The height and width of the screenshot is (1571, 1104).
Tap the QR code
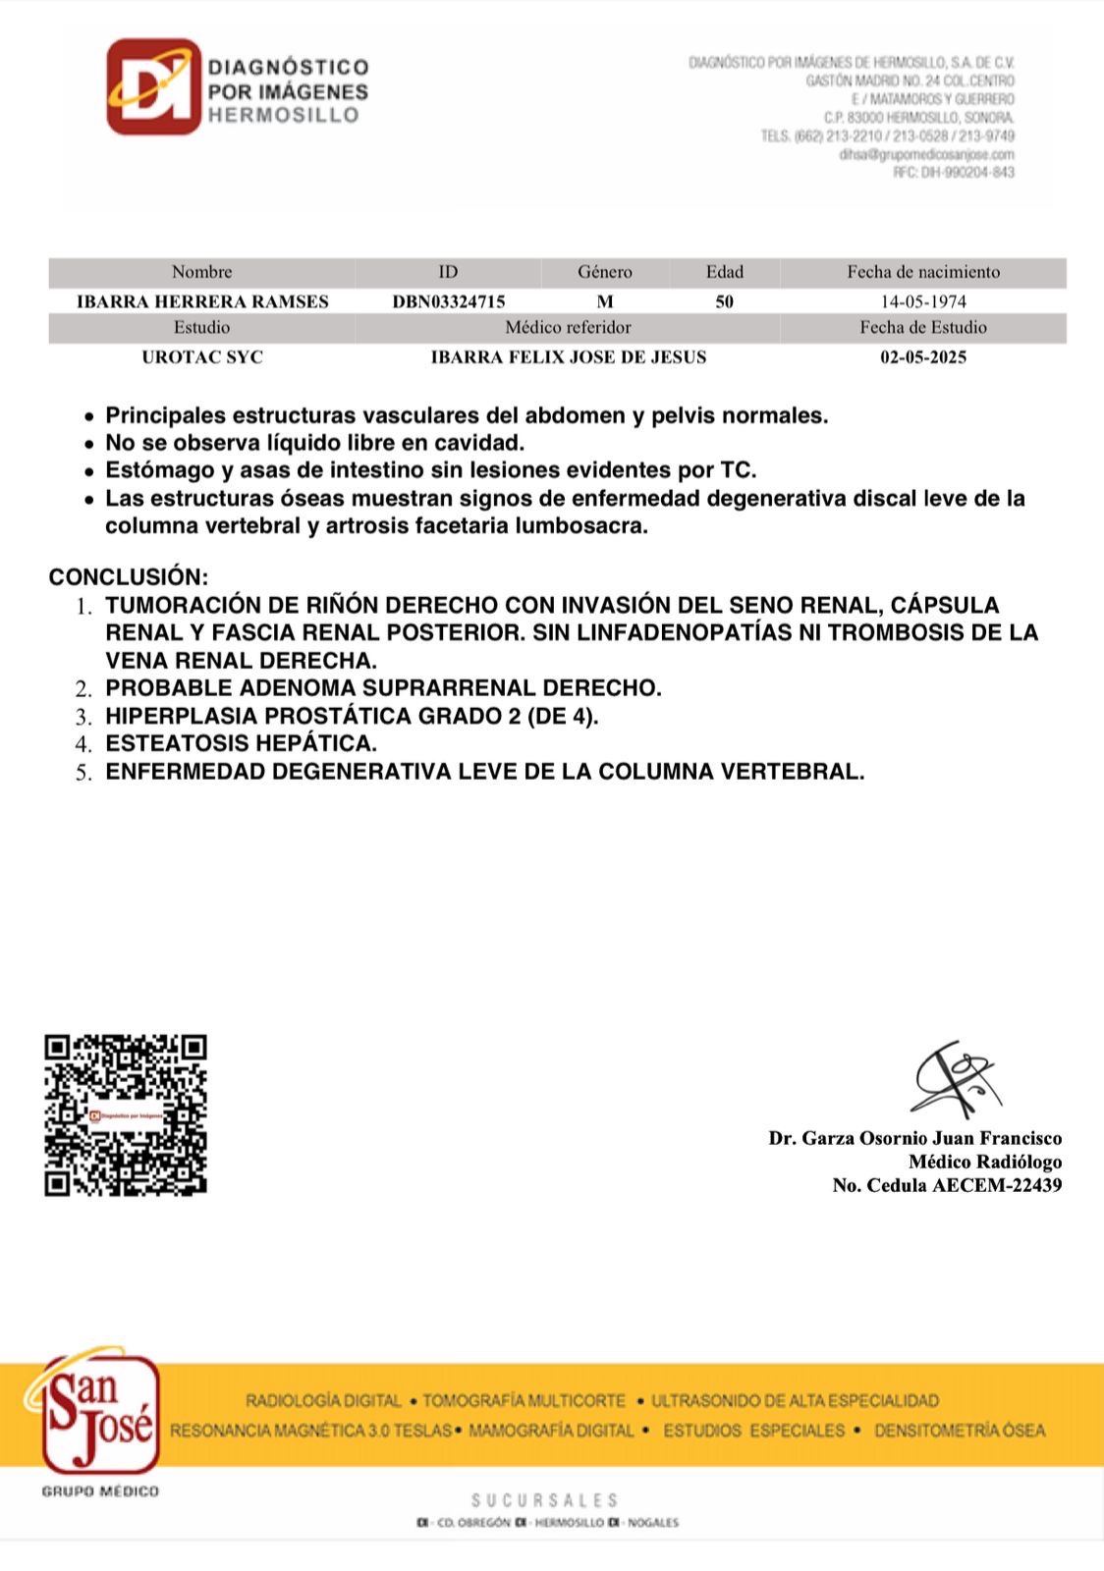click(126, 1114)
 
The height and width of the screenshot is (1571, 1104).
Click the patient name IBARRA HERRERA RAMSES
click(202, 301)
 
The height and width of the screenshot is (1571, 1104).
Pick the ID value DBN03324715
click(449, 301)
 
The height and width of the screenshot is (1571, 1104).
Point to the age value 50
click(725, 301)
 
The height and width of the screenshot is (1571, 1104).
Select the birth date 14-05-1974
click(923, 301)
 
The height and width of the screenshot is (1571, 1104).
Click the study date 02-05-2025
click(923, 357)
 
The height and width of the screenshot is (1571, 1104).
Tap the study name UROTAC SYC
click(202, 357)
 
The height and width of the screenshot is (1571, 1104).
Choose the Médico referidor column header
click(568, 328)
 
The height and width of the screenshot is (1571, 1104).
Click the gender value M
click(605, 301)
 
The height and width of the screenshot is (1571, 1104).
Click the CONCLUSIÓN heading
click(129, 576)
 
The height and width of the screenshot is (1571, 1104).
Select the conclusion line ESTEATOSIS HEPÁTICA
click(241, 743)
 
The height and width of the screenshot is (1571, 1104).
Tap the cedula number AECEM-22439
click(997, 1185)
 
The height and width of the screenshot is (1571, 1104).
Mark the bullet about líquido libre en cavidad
click(314, 443)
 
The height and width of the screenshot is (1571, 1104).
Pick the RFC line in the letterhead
click(953, 173)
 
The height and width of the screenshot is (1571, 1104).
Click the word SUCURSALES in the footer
click(544, 1500)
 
